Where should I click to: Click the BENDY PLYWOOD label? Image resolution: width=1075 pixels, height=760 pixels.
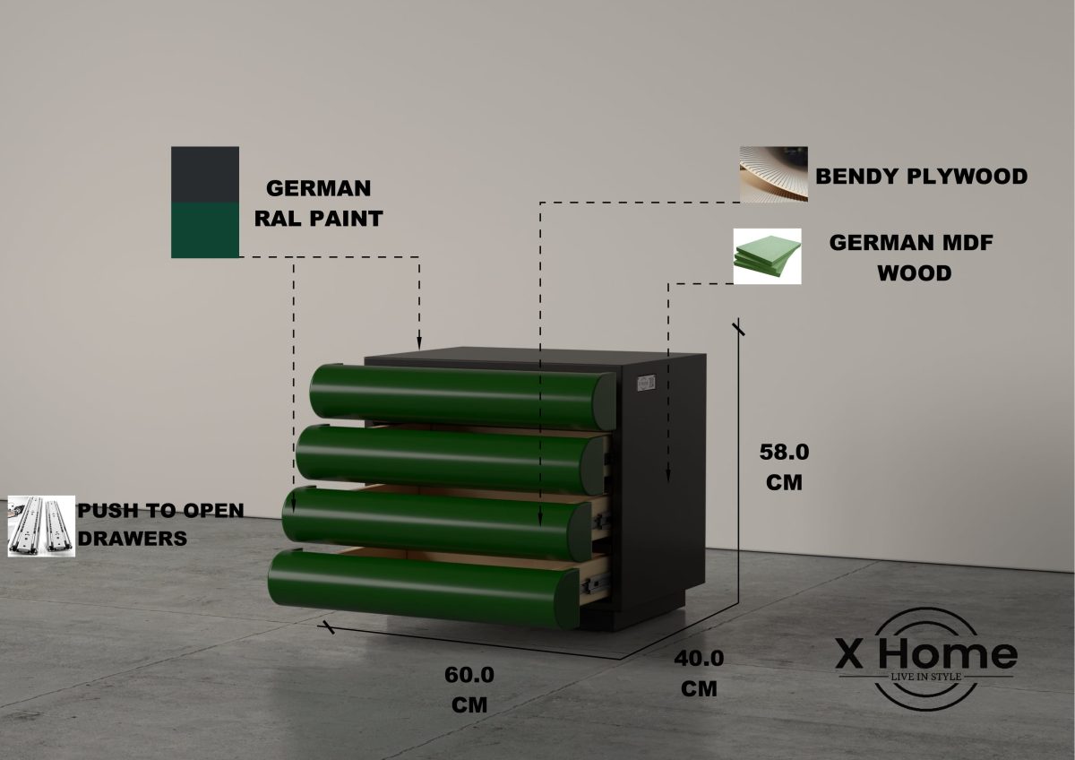(x=921, y=177)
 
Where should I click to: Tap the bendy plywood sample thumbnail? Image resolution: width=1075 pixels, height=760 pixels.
(x=773, y=175)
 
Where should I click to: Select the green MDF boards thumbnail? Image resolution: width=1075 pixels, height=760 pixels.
(x=767, y=256)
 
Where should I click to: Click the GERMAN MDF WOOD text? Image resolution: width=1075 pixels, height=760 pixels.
(x=912, y=257)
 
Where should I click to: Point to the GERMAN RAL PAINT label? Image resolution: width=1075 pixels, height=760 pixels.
(x=318, y=203)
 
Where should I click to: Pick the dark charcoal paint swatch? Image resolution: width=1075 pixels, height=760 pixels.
(x=205, y=174)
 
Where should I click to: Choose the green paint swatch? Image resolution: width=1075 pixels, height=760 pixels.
(x=205, y=230)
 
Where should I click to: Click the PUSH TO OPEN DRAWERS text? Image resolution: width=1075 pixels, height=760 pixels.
(x=159, y=523)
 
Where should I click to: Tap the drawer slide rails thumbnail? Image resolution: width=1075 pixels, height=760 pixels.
(x=41, y=525)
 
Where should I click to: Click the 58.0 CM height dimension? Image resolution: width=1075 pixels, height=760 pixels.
(x=784, y=465)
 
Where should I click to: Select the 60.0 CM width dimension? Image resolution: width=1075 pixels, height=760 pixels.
(x=469, y=688)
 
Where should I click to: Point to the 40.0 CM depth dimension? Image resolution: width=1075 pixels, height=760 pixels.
(x=699, y=672)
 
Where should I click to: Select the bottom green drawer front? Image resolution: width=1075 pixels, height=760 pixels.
(x=421, y=587)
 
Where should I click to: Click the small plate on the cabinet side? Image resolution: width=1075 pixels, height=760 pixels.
(x=646, y=382)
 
